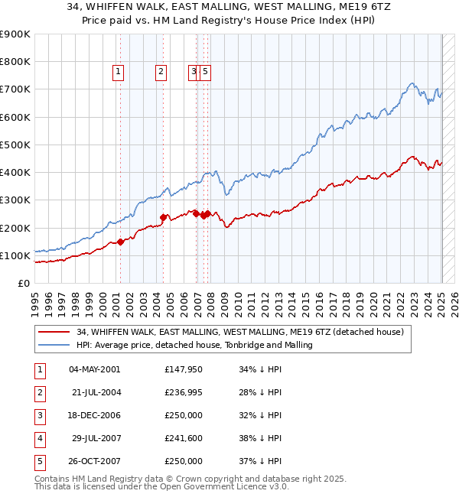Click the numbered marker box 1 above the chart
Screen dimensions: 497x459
click(x=119, y=73)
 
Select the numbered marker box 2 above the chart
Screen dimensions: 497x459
click(x=161, y=73)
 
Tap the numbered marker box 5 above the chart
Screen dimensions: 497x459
click(x=207, y=73)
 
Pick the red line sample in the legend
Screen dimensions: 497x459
click(x=54, y=333)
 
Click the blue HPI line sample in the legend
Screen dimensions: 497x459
click(x=54, y=346)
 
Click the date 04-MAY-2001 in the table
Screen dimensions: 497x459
click(x=95, y=369)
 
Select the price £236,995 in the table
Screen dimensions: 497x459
click(x=184, y=392)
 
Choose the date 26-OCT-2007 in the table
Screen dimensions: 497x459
click(x=95, y=461)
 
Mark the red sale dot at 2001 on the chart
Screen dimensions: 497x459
click(x=120, y=242)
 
